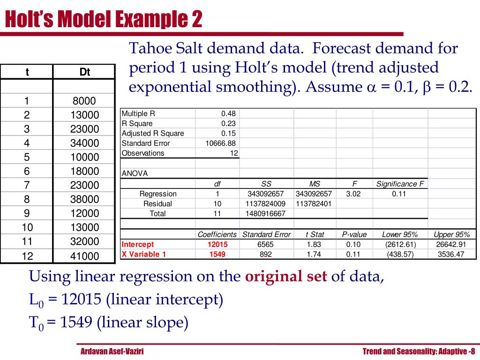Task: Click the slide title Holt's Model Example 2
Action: coord(104,20)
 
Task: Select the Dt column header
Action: coord(85,72)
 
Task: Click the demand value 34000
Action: coord(85,143)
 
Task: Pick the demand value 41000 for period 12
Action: coord(85,256)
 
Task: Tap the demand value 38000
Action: coord(85,199)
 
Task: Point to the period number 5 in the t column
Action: coord(27,157)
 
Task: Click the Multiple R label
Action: coord(138,113)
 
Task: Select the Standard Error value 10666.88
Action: coord(220,143)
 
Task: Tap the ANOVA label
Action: coord(135,173)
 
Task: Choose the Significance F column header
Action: coord(399,184)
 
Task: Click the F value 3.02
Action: coord(353,194)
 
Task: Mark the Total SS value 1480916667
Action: coord(266,213)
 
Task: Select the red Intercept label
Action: coord(137,244)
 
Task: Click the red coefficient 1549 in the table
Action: coord(217,254)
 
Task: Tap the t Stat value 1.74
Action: coord(315,254)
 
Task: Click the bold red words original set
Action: coord(286,277)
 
